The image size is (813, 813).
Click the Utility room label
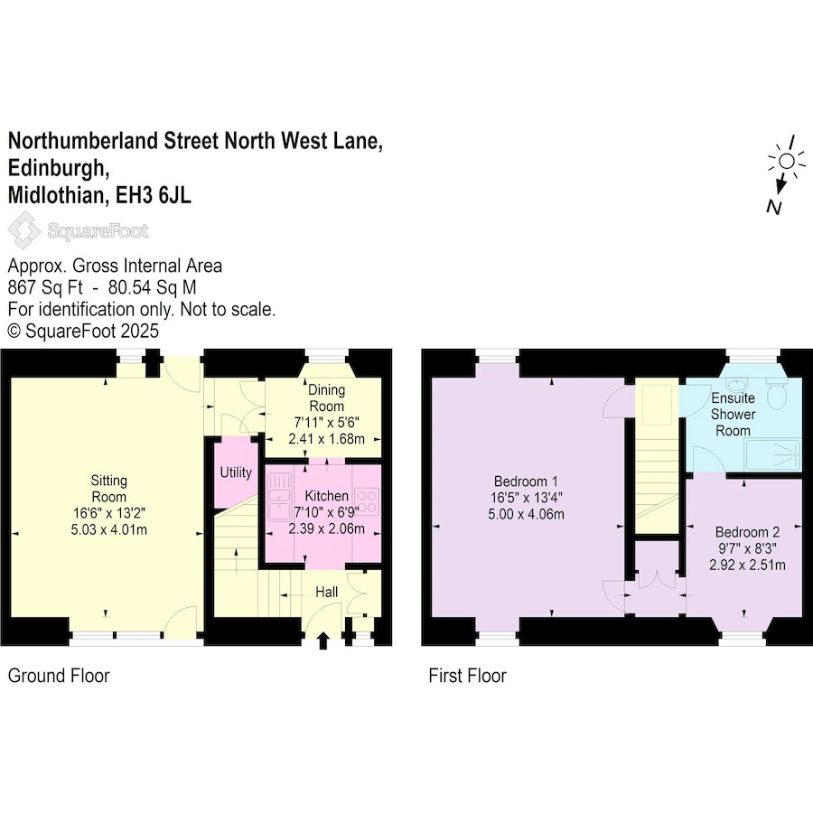click(236, 472)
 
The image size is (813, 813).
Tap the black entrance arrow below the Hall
click(323, 640)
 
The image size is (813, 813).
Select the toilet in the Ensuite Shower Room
click(776, 393)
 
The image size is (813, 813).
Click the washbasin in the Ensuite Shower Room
click(736, 384)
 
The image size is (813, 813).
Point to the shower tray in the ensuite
click(772, 454)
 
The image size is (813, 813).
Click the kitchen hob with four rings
click(367, 500)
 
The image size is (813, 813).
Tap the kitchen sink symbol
click(279, 497)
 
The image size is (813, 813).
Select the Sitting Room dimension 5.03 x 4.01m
click(109, 530)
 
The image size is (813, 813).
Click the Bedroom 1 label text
click(526, 481)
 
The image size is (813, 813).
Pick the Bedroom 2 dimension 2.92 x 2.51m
click(747, 565)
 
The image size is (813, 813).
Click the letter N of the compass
click(773, 208)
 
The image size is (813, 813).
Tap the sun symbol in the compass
click(787, 162)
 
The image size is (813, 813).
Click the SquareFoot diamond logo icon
click(23, 230)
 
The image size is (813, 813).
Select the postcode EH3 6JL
click(154, 195)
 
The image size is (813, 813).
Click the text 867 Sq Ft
click(45, 287)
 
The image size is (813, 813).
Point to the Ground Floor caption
click(59, 676)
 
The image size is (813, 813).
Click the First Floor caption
click(467, 676)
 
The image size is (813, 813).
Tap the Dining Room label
click(326, 397)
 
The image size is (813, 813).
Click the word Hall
click(327, 592)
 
